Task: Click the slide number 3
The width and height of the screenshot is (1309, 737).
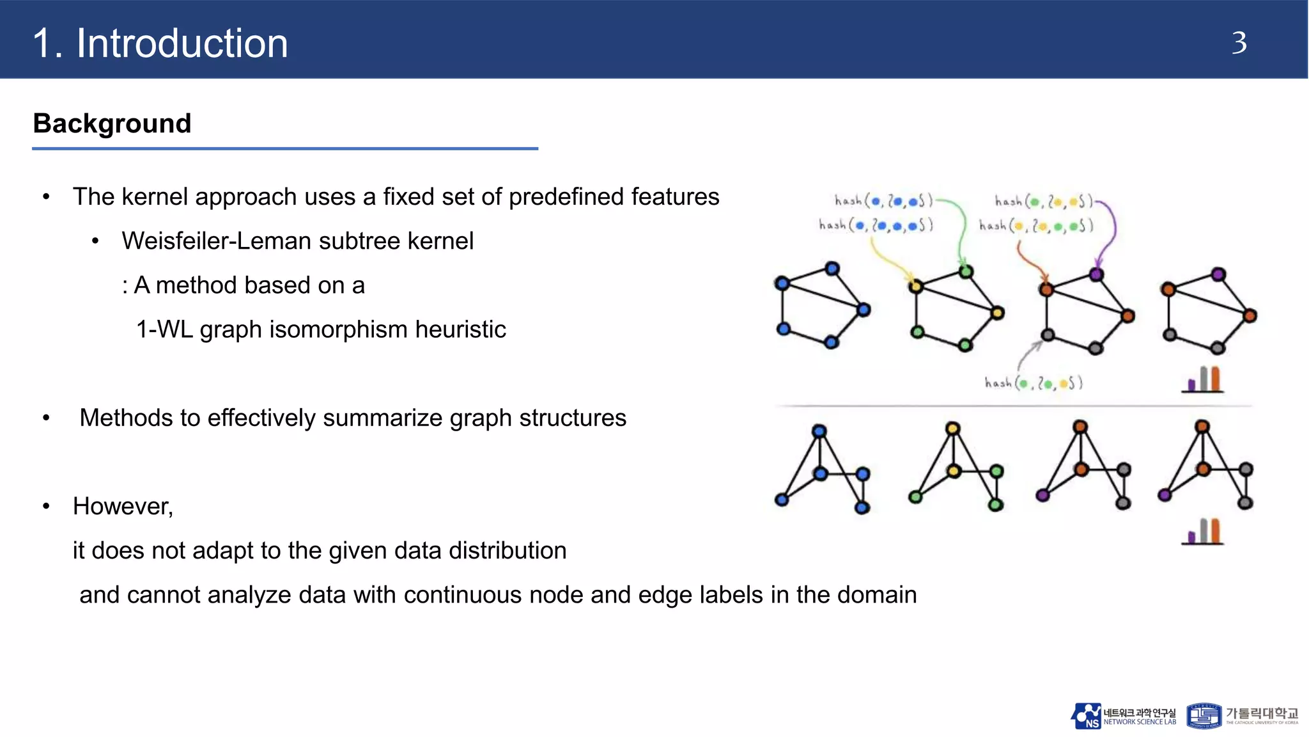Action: pos(1239,44)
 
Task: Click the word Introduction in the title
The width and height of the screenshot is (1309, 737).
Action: pos(182,44)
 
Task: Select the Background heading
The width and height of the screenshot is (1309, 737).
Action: pos(112,123)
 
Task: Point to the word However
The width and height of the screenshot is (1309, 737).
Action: pos(122,506)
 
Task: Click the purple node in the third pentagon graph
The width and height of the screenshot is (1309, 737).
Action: pos(1096,274)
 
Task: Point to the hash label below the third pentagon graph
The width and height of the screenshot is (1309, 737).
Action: pos(1033,383)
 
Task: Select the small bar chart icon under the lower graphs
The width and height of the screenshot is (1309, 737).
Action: pos(1204,531)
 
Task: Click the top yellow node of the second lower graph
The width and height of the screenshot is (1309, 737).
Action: pos(952,428)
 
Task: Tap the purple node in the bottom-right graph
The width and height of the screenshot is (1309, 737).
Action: pos(1165,495)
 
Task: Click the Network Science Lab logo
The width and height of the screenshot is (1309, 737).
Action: pos(1123,716)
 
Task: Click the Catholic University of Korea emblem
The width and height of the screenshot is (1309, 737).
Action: pos(1204,716)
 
